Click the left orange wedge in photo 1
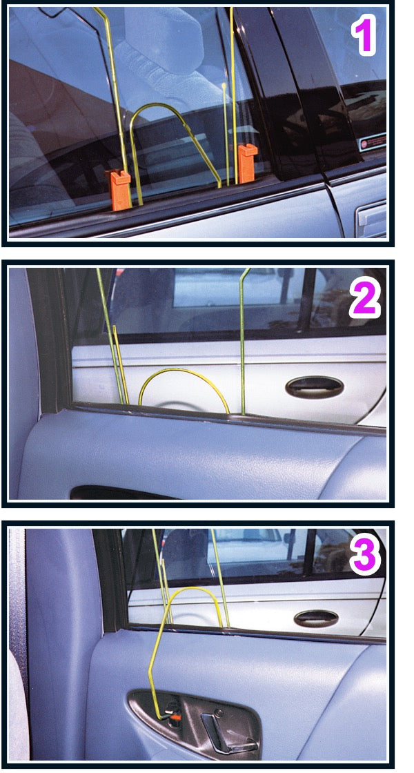[x=120, y=190]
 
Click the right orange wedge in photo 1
[x=246, y=164]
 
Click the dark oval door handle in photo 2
[x=315, y=386]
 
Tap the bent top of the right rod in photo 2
[x=245, y=274]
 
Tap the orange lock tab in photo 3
[x=177, y=717]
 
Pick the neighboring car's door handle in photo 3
[x=315, y=618]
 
